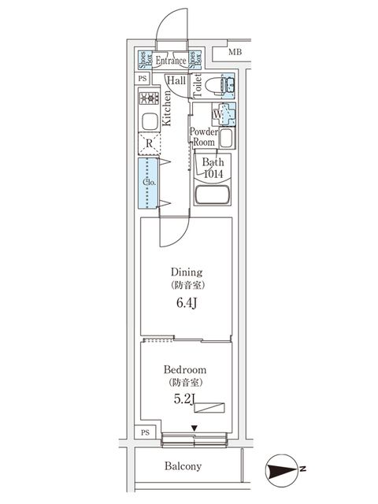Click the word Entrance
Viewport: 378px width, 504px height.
[x=170, y=61]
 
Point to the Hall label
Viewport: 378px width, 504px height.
[x=176, y=80]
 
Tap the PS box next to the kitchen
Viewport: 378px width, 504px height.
[x=143, y=79]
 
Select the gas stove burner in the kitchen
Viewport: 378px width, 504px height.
[x=149, y=100]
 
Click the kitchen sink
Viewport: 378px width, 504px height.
[x=149, y=122]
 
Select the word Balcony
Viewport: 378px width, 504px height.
[x=183, y=466]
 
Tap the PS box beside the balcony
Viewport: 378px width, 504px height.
[x=145, y=432]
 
